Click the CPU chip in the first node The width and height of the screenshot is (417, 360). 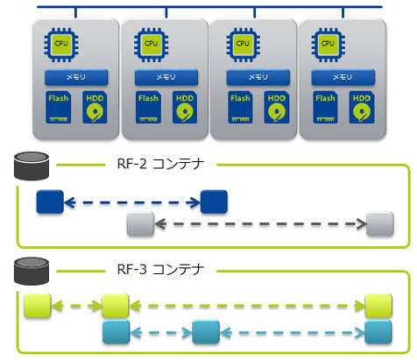(60, 43)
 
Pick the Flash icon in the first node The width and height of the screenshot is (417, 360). (57, 107)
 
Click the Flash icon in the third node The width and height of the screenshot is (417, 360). (237, 107)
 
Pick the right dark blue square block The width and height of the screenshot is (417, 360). (214, 203)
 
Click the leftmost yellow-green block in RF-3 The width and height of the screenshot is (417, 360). (37, 307)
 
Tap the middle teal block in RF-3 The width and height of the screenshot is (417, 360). (205, 333)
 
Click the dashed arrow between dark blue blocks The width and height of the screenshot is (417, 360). (131, 203)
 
